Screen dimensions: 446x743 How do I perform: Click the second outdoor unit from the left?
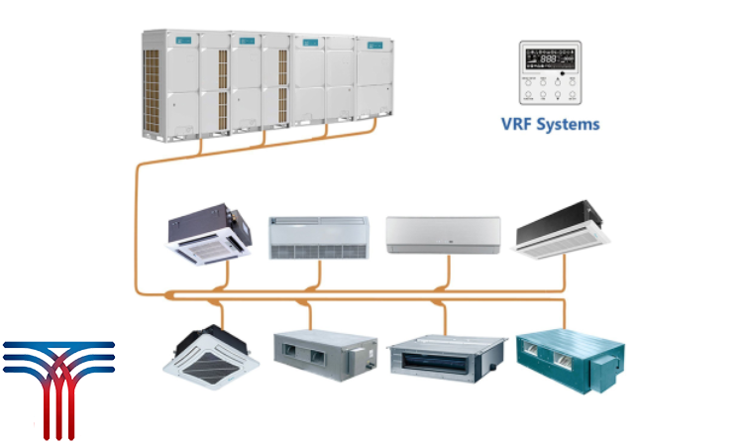(x=247, y=82)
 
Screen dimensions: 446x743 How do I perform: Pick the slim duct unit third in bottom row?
(x=445, y=355)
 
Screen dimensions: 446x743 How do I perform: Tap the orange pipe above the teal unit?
(x=564, y=312)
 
